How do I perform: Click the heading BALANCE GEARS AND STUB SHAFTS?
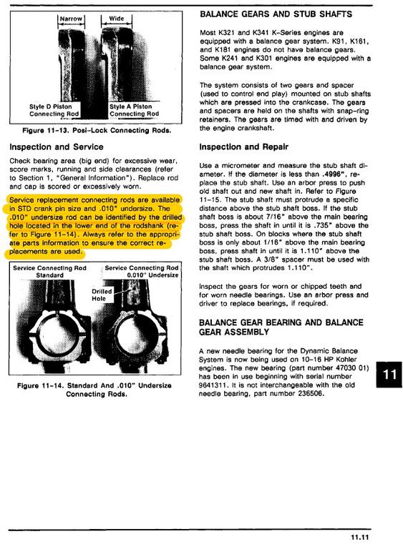(x=276, y=14)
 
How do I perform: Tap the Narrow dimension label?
(x=71, y=19)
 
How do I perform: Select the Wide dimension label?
(x=116, y=18)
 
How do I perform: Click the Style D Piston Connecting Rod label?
(x=54, y=110)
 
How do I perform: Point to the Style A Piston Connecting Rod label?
(x=134, y=110)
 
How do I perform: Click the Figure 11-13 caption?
(x=97, y=131)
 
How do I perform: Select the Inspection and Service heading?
(x=57, y=147)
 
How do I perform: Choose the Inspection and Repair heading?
(x=244, y=147)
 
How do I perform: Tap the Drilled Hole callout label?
(x=102, y=295)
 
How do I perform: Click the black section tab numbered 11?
(x=389, y=375)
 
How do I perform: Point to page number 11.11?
(x=360, y=538)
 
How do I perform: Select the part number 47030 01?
(x=349, y=368)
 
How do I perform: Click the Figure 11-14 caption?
(x=94, y=390)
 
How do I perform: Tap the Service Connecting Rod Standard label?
(x=49, y=272)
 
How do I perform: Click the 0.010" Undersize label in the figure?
(x=152, y=275)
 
